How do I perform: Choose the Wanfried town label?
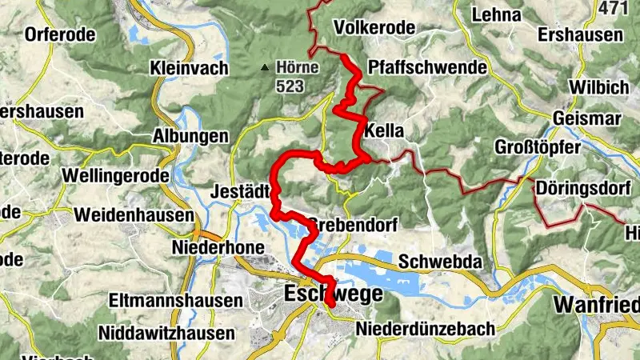[595, 305]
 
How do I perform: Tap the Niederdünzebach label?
[425, 329]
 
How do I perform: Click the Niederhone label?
[218, 248]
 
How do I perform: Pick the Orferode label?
[60, 34]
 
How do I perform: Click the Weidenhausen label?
[134, 215]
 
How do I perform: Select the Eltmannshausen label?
[177, 302]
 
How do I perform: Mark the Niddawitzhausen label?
[170, 331]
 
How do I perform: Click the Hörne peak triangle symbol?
[265, 67]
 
